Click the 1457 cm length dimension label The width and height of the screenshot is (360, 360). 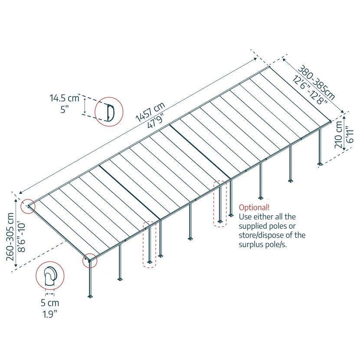click(x=151, y=112)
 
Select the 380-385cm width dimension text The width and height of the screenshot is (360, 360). click(x=316, y=82)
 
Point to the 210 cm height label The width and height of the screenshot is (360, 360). click(x=339, y=134)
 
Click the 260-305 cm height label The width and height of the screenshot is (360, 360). click(x=10, y=237)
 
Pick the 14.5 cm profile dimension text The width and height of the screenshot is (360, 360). click(x=65, y=98)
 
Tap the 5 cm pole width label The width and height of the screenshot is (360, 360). click(x=50, y=303)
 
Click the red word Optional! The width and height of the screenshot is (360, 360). click(x=254, y=208)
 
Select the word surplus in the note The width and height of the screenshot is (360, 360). click(x=252, y=245)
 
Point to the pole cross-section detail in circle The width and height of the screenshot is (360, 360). click(x=50, y=276)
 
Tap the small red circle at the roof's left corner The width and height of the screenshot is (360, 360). click(x=28, y=206)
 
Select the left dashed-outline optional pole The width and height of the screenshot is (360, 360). click(x=150, y=244)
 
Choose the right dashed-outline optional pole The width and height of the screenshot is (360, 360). click(x=220, y=204)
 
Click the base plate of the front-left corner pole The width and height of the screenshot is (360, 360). click(x=90, y=296)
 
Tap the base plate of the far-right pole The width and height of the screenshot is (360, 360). click(x=320, y=164)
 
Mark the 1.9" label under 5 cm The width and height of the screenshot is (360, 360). click(x=50, y=314)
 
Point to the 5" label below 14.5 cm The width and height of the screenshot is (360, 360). click(x=65, y=109)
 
